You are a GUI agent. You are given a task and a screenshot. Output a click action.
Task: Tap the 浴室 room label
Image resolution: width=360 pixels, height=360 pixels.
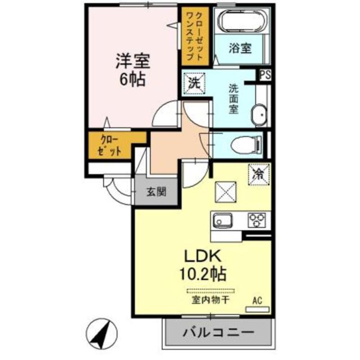240,49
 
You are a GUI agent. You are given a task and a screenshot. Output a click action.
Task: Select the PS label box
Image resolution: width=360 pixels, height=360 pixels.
266,75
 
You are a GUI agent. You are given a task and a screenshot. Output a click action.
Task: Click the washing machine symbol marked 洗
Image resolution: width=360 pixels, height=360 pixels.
194,83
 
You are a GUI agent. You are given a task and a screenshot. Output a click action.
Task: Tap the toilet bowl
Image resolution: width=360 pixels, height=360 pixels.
244,144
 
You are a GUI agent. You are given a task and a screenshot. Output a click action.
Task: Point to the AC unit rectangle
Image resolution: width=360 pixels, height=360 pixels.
257,309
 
